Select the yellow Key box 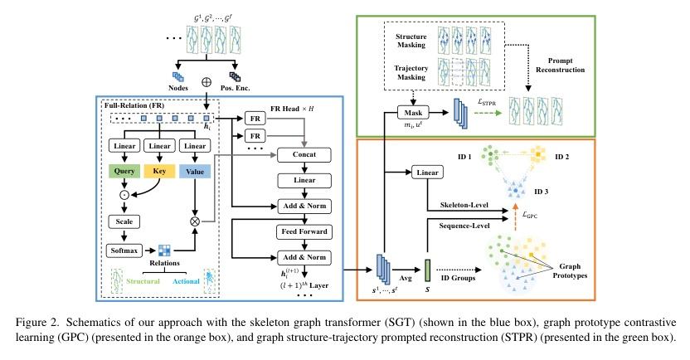click(x=159, y=173)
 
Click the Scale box click(x=121, y=221)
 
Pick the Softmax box click(x=121, y=249)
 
